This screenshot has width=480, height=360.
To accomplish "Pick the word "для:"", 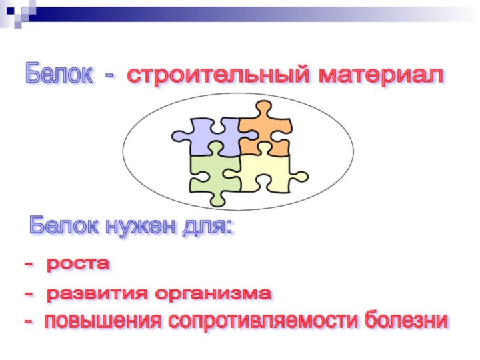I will click(x=207, y=227).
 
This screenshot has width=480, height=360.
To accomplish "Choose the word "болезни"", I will click(x=406, y=321).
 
